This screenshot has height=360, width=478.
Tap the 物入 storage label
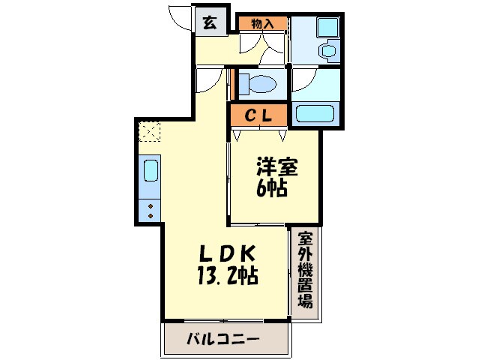click(x=261, y=23)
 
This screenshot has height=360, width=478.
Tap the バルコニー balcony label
click(x=223, y=340)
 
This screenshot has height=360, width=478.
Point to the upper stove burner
click(x=150, y=204)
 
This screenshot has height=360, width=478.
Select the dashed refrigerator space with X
click(x=149, y=134)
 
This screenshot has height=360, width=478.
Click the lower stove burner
click(x=150, y=215)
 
